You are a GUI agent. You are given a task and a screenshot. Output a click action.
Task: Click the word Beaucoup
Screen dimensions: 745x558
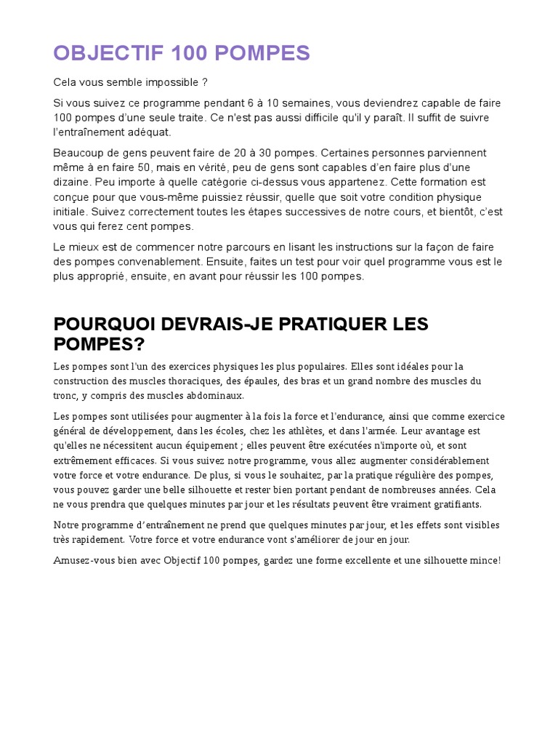pos(79,153)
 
